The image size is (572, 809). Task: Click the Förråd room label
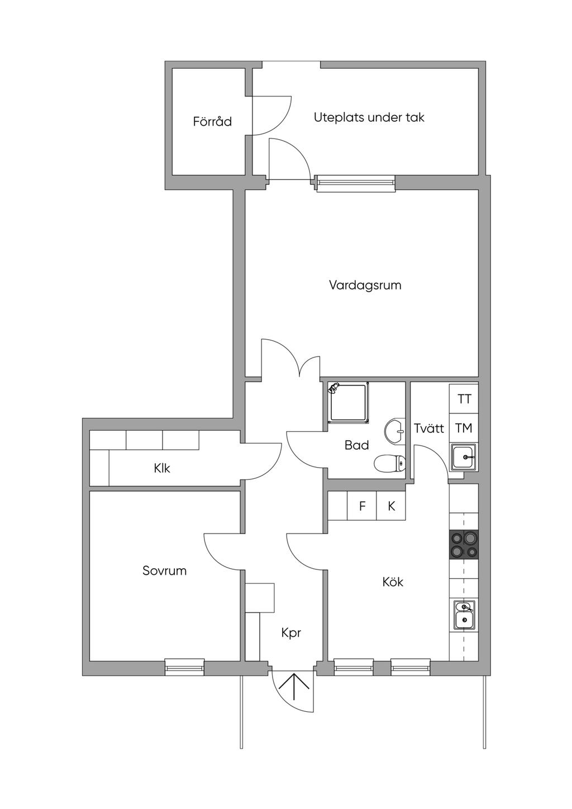coord(212,121)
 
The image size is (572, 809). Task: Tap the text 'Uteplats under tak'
coord(369,117)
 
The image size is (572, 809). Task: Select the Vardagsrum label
coord(365,285)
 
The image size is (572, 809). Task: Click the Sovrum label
coord(164,570)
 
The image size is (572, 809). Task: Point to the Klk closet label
coord(162,468)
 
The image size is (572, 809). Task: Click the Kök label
coord(393,582)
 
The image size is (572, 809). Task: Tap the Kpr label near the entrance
coord(291,632)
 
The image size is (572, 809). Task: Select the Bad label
coord(356,445)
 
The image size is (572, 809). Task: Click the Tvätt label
coord(428,428)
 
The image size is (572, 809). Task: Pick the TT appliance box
coord(464,399)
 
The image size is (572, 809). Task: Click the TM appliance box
coord(464,428)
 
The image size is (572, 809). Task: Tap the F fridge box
coord(362,506)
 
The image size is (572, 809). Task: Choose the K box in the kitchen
coord(392,506)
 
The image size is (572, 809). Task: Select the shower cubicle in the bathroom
coord(348,401)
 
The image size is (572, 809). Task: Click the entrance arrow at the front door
coord(293,686)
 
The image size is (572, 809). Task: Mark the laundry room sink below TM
coord(464,456)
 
